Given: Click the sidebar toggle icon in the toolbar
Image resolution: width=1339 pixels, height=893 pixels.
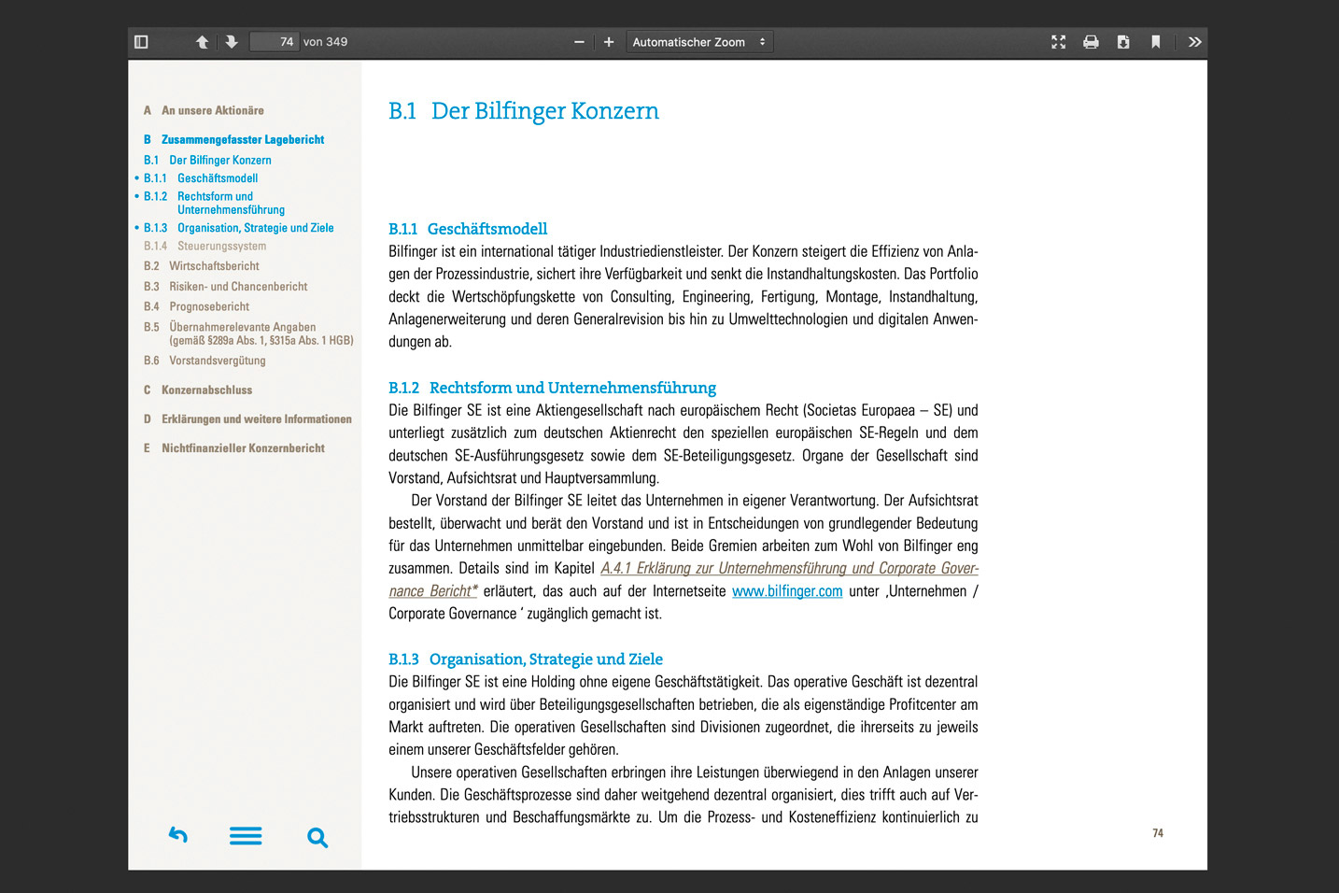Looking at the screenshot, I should [141, 42].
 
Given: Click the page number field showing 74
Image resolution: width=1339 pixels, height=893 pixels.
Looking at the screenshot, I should [275, 42].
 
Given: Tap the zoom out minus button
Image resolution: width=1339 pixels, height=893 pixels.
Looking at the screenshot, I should [579, 42].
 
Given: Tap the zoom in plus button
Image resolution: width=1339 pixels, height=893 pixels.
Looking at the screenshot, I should [609, 42].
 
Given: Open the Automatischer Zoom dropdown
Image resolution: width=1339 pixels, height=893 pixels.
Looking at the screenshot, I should [698, 42].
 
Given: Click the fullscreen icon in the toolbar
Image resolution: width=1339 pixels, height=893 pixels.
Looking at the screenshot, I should [1058, 42].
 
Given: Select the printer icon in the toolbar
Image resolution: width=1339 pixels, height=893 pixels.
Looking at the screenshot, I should [1091, 42].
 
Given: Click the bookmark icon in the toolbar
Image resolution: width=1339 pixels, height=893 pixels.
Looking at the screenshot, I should [1155, 42].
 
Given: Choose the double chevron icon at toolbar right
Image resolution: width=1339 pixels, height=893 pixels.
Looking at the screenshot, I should [1194, 42].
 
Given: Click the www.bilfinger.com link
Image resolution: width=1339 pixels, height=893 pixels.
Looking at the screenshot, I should [787, 591].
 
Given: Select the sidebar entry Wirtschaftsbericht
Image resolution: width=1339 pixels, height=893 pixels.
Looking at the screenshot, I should [214, 266].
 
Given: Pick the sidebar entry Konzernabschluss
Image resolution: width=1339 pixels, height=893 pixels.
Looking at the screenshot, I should [206, 390].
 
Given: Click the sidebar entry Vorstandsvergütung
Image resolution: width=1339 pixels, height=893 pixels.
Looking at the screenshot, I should [217, 361].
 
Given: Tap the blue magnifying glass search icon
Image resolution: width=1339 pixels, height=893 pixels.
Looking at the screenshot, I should [317, 838].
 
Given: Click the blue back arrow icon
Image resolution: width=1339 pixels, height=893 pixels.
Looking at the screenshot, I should [178, 835].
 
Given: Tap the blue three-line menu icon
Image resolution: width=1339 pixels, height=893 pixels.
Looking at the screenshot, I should [246, 836].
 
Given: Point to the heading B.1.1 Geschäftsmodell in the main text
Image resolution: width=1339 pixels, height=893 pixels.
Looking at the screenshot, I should [468, 229].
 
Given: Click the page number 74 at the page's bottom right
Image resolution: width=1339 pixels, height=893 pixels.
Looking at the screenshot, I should [1158, 833].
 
